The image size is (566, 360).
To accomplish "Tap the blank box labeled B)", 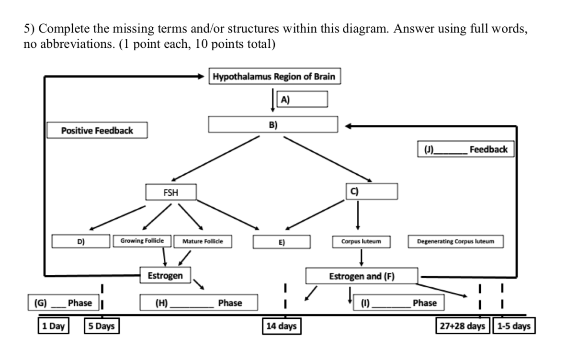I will pos(273,124).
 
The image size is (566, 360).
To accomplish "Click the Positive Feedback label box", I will pos(97,130).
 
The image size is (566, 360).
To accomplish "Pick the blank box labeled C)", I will pos(371,191).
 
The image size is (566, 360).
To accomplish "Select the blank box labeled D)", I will pos(81,242).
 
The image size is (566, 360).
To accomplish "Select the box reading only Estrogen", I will pos(166,275).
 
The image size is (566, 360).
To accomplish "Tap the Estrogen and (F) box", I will pos(362,276).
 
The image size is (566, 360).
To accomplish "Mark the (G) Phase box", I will pos(63,303).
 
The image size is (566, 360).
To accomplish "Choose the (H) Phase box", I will pos(199,303).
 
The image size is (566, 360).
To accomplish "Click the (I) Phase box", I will pos(398,303).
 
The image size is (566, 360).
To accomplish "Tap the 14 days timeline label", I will pos(281,327).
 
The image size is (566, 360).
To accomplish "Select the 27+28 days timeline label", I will pos(463,327).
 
